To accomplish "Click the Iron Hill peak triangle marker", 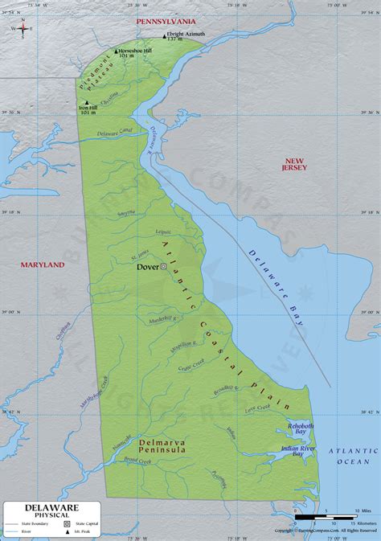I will (87, 103).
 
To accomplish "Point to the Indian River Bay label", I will (297, 451).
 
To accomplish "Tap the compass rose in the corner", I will (23, 28).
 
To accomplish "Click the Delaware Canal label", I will (114, 132).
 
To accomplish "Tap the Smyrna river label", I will (126, 213).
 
